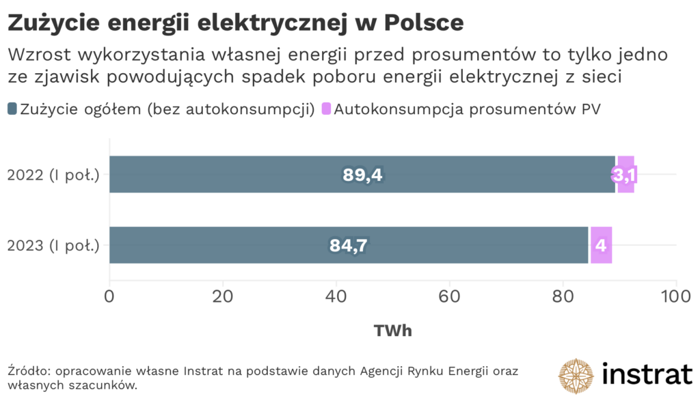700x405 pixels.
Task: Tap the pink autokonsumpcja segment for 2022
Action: [625, 174]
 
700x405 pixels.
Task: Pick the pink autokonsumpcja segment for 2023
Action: [601, 245]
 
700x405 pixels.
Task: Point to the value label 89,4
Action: [362, 175]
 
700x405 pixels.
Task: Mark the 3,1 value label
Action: [624, 176]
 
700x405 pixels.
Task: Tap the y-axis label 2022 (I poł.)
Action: [53, 175]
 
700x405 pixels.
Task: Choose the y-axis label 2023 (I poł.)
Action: [53, 245]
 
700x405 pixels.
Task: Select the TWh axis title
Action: [392, 331]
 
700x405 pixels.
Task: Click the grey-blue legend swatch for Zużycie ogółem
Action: [13, 109]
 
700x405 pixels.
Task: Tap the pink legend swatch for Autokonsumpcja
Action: [326, 109]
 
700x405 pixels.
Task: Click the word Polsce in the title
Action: [424, 23]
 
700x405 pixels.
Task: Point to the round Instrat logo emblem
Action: [576, 376]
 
